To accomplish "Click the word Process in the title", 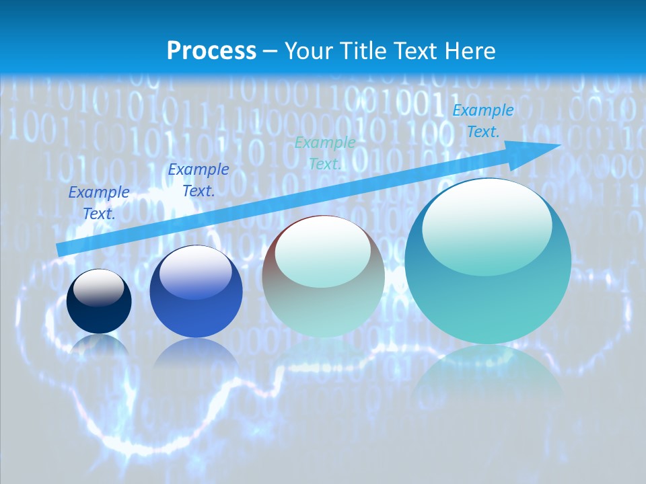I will point(211,50).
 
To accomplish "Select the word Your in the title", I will point(308,50).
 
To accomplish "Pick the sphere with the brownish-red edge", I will point(323,277).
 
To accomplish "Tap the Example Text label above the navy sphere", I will point(99,202).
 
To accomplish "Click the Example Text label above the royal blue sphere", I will point(199,179).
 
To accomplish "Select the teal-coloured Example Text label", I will point(325,153).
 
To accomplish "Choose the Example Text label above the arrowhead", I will point(483,121).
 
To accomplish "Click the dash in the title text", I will point(271,51).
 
